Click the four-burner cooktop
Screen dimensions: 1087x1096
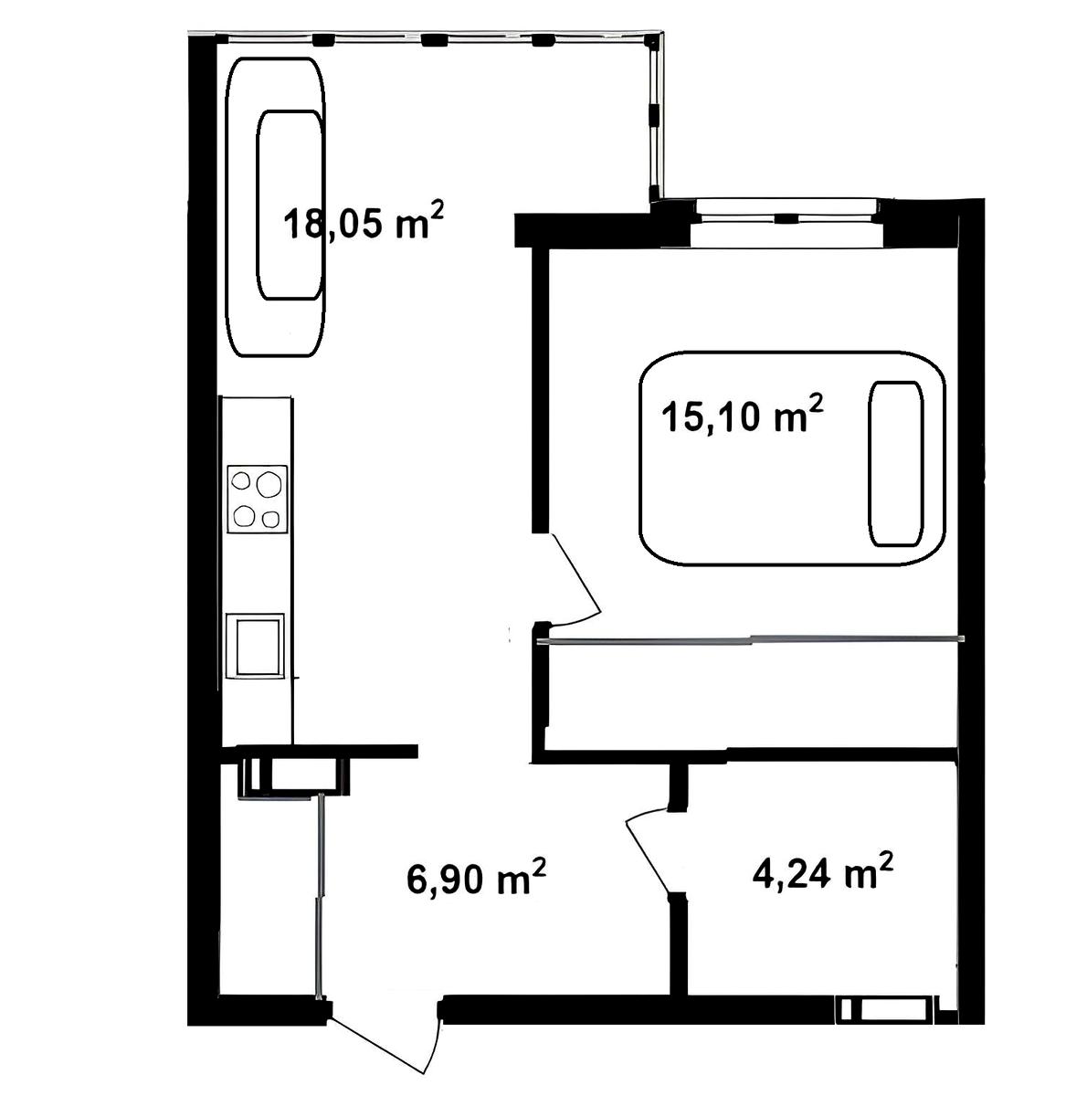(258, 499)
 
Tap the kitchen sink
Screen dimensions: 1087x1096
(255, 646)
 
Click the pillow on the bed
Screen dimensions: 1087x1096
(895, 464)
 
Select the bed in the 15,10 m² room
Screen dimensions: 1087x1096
(792, 458)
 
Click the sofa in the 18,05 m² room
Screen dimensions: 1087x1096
(276, 207)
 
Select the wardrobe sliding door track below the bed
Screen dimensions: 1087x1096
(751, 640)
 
